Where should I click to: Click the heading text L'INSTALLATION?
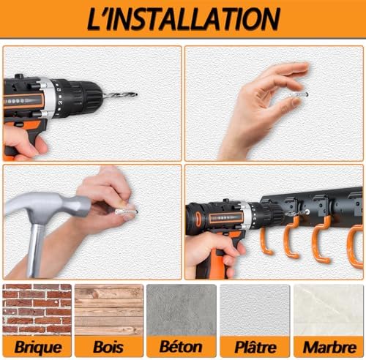click(184, 19)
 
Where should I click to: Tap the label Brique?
click(38, 347)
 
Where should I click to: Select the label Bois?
click(108, 347)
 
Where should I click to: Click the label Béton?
click(181, 346)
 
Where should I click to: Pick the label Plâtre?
click(255, 347)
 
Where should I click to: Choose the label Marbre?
click(329, 347)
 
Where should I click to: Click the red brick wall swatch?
click(37, 310)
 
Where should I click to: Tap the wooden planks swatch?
click(109, 310)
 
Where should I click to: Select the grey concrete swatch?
click(182, 310)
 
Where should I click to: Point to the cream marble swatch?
click(329, 310)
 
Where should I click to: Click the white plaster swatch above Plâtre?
click(255, 310)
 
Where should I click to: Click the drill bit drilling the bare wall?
click(119, 95)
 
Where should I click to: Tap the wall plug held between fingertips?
click(299, 94)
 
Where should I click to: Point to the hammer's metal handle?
click(36, 251)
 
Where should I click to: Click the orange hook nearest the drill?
click(265, 241)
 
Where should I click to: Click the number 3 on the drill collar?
click(60, 103)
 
